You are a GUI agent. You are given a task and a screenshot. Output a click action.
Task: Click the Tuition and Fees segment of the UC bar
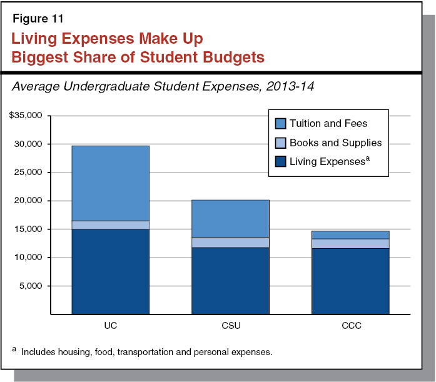110,183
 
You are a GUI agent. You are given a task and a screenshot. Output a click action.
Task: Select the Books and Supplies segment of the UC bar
110,225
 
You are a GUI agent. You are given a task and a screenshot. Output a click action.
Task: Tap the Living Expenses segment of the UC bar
110,271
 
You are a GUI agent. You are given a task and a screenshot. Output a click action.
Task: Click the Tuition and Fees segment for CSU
230,219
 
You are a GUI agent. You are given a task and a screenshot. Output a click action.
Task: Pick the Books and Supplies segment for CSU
230,243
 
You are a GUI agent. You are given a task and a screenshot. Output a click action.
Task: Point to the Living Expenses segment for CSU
230,280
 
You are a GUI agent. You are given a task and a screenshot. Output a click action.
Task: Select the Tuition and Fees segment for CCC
350,234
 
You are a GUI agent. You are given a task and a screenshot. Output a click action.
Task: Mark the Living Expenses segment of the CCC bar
350,281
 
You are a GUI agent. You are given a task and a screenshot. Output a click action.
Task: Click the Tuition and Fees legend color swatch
279,124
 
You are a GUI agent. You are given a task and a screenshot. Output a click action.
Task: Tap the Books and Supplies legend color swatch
279,143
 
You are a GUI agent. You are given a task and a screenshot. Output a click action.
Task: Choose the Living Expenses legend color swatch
279,162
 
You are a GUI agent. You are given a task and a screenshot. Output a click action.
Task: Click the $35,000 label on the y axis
26,116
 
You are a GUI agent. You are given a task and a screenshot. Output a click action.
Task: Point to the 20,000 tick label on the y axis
29,201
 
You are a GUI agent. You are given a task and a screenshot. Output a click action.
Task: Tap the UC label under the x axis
110,326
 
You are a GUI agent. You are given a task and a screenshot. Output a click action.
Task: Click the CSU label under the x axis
230,326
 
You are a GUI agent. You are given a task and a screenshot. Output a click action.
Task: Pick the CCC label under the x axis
350,326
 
